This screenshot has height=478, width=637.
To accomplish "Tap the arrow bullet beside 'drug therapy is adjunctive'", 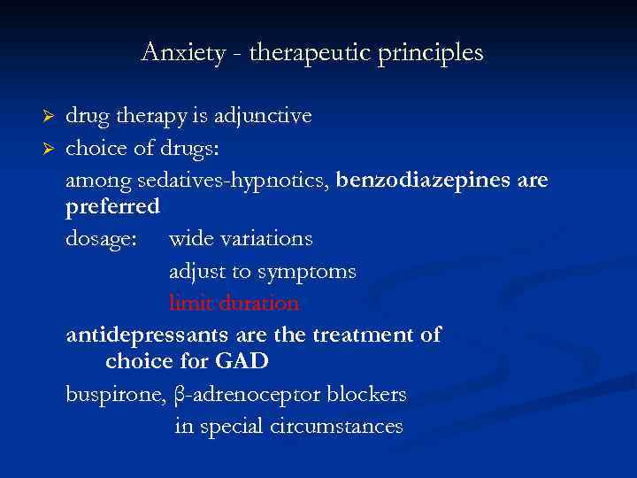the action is click(50, 117).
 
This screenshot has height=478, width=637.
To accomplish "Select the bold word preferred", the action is click(112, 207).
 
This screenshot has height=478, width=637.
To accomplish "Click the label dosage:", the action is click(101, 239).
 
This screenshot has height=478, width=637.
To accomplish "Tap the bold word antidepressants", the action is click(150, 335).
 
